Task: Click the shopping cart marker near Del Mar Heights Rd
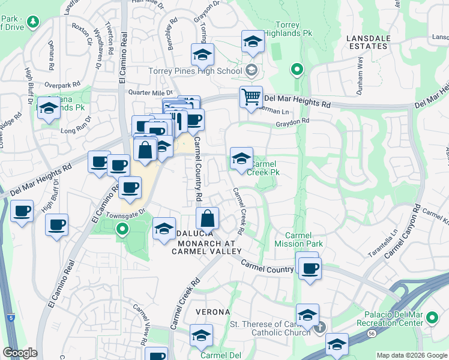251,97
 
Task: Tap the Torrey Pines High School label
195,71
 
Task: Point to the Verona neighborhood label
213,312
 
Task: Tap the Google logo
20,353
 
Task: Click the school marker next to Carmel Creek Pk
241,158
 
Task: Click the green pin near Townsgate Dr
122,229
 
